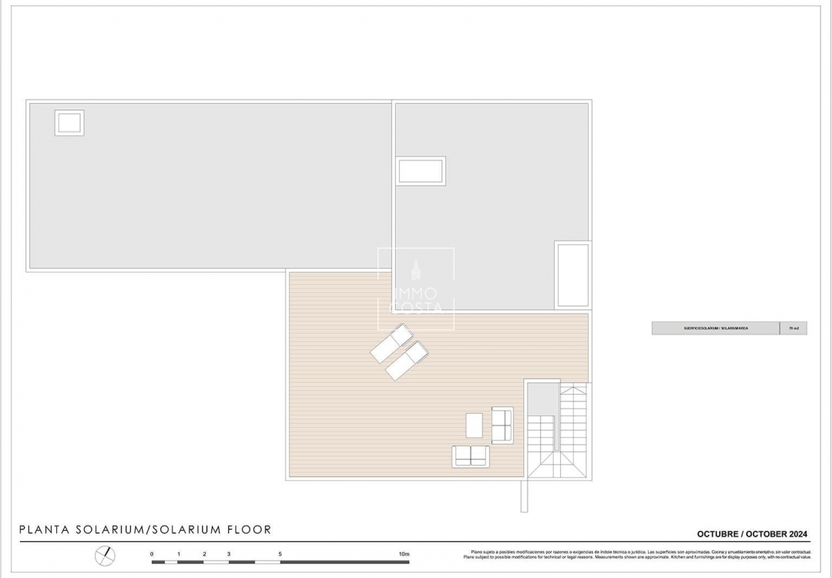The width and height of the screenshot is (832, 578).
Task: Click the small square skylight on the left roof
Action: [x=69, y=123]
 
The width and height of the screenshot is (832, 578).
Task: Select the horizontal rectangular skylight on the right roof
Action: [x=421, y=170]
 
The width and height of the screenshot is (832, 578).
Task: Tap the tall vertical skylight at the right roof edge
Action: [x=572, y=275]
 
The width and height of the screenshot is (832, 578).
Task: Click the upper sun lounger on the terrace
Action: [x=392, y=343]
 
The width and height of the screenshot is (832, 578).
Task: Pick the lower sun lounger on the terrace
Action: [x=407, y=361]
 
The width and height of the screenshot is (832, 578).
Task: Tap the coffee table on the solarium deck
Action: [x=475, y=425]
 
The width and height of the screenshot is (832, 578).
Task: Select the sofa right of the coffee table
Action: [x=502, y=425]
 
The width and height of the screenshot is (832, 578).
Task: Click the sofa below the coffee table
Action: [x=471, y=455]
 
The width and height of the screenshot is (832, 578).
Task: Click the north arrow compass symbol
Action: [x=106, y=555]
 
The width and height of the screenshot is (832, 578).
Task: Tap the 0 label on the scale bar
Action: [x=152, y=554]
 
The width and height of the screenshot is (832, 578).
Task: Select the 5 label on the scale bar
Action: [x=280, y=554]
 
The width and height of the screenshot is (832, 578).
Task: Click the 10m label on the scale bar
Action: [x=404, y=554]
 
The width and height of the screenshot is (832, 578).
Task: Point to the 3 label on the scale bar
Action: [x=229, y=554]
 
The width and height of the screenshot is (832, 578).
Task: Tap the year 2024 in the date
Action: [x=793, y=533]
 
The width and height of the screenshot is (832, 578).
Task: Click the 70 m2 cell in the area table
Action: [x=793, y=328]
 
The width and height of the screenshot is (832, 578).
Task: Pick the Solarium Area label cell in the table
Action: [x=716, y=328]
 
